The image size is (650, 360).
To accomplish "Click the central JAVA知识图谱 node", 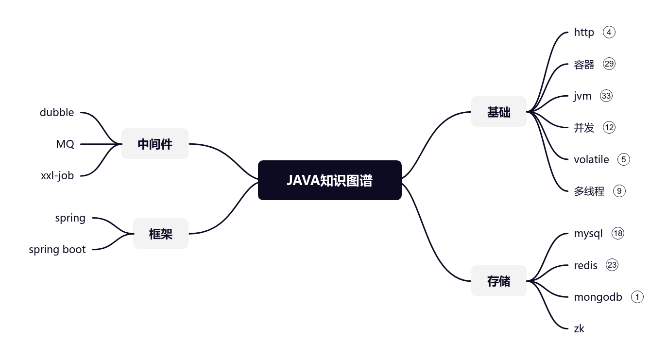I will tap(329, 180).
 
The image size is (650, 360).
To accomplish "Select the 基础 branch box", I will tap(498, 112).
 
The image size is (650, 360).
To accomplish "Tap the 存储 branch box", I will tap(498, 281).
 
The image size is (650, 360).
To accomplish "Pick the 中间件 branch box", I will tap(154, 144).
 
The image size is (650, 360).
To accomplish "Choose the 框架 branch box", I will tap(160, 234).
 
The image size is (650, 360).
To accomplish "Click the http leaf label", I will tap(584, 32).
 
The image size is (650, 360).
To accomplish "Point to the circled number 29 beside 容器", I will tap(609, 64).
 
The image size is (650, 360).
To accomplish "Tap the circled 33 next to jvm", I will tap(606, 96).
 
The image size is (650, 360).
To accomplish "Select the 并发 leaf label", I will tap(584, 128).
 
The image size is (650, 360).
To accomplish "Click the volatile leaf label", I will tap(591, 159).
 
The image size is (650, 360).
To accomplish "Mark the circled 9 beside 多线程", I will tap(619, 191).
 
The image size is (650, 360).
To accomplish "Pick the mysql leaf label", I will tap(588, 234).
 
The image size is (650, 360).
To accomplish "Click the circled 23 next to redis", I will tap(612, 265).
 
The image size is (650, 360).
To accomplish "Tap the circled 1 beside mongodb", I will tap(637, 297).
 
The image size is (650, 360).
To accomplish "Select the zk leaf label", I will tap(579, 329).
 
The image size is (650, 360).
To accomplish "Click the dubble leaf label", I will tap(57, 112).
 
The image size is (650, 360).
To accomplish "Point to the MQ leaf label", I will tap(65, 144).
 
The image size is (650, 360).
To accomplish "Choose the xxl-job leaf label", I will tap(57, 176).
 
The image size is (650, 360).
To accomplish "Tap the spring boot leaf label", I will tap(57, 250).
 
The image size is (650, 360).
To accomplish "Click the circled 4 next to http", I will tap(609, 32).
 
